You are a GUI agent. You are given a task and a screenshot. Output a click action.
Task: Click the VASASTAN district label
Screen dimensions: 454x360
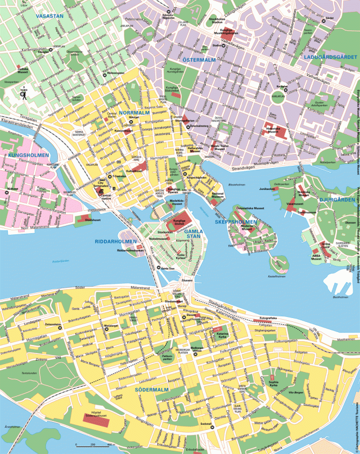[49, 17]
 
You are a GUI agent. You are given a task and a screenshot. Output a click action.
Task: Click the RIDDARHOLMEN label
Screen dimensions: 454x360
[116, 242]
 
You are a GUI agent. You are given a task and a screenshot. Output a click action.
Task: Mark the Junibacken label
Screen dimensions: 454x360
[267, 189]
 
